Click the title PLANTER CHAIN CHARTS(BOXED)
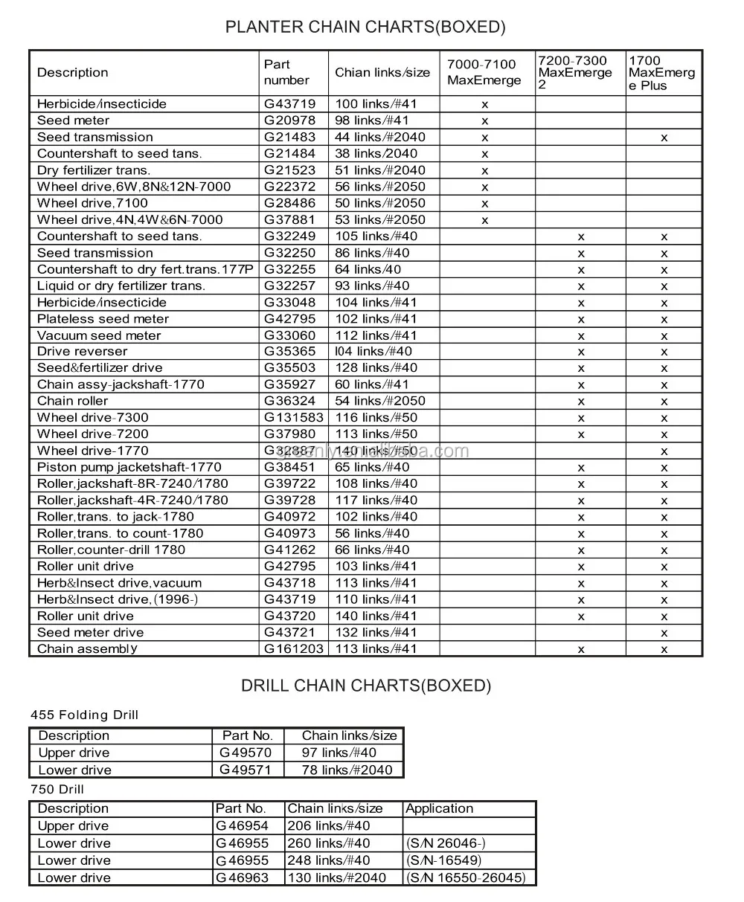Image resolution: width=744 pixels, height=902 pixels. (x=365, y=28)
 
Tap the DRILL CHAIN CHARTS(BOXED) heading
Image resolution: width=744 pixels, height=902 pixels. (x=365, y=686)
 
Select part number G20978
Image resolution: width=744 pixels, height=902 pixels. (x=289, y=120)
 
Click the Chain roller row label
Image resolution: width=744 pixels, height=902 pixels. (x=72, y=401)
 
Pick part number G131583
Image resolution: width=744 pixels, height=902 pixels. (x=294, y=418)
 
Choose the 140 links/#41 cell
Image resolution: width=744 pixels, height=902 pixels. (x=376, y=616)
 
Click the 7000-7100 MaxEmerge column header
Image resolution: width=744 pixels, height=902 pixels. (x=484, y=73)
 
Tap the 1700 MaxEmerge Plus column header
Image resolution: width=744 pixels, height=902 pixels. (x=661, y=73)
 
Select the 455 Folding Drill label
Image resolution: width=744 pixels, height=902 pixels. (x=84, y=715)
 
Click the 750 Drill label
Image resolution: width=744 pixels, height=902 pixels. (x=57, y=790)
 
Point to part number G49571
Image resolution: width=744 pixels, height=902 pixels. (x=246, y=770)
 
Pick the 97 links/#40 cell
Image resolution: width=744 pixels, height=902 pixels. (x=339, y=753)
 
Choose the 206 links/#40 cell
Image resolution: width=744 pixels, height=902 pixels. (x=328, y=825)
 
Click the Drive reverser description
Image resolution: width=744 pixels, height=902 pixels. (x=82, y=352)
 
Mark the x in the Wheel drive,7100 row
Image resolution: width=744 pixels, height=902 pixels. (x=484, y=203)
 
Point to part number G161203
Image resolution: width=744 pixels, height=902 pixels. (x=294, y=648)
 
